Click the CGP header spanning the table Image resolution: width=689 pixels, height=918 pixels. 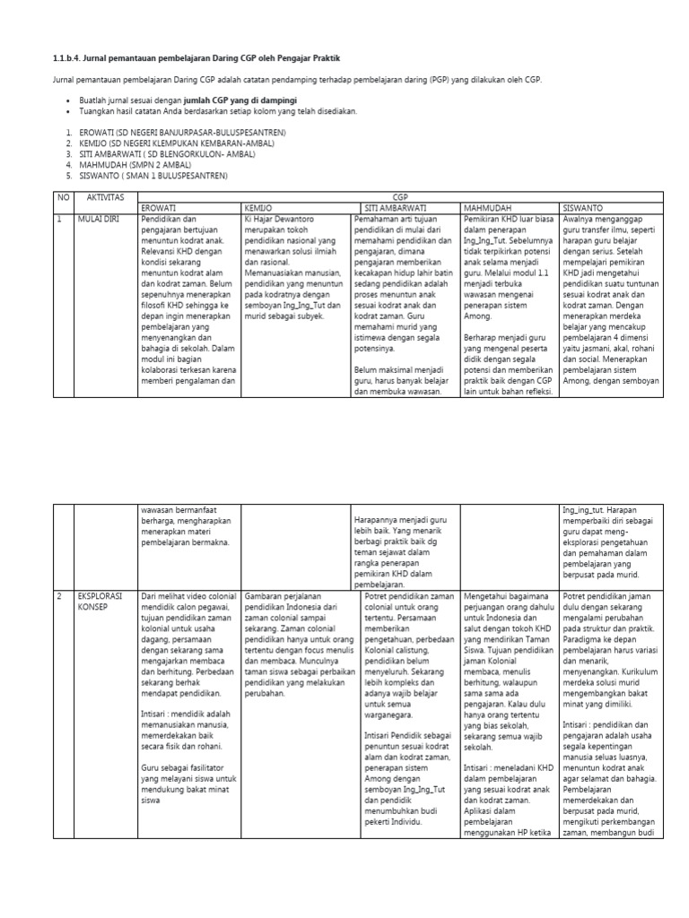[x=399, y=195]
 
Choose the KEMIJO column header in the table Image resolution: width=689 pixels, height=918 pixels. [x=258, y=206]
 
